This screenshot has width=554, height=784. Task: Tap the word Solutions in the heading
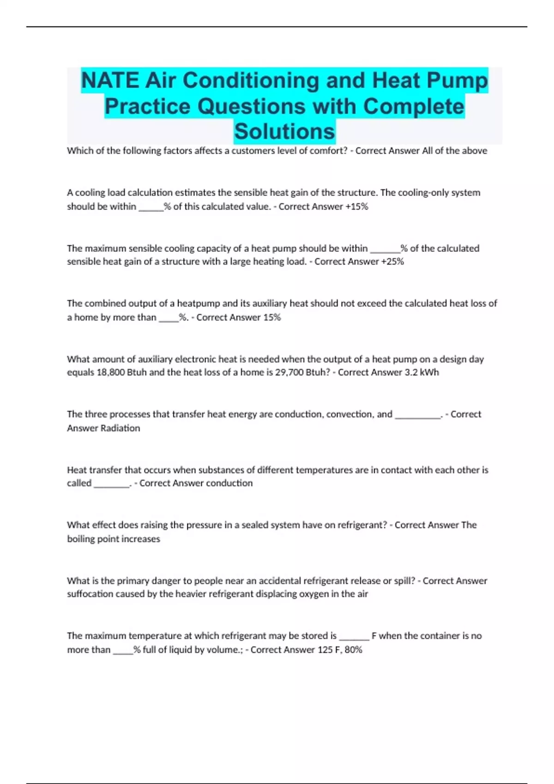tap(284, 131)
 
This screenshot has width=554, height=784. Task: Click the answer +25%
tap(392, 262)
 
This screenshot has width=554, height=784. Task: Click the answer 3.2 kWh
tap(422, 373)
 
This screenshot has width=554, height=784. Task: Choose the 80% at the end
tap(353, 650)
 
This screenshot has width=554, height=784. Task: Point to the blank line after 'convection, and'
tap(417, 415)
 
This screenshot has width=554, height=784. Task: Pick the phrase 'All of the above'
tap(455, 151)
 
